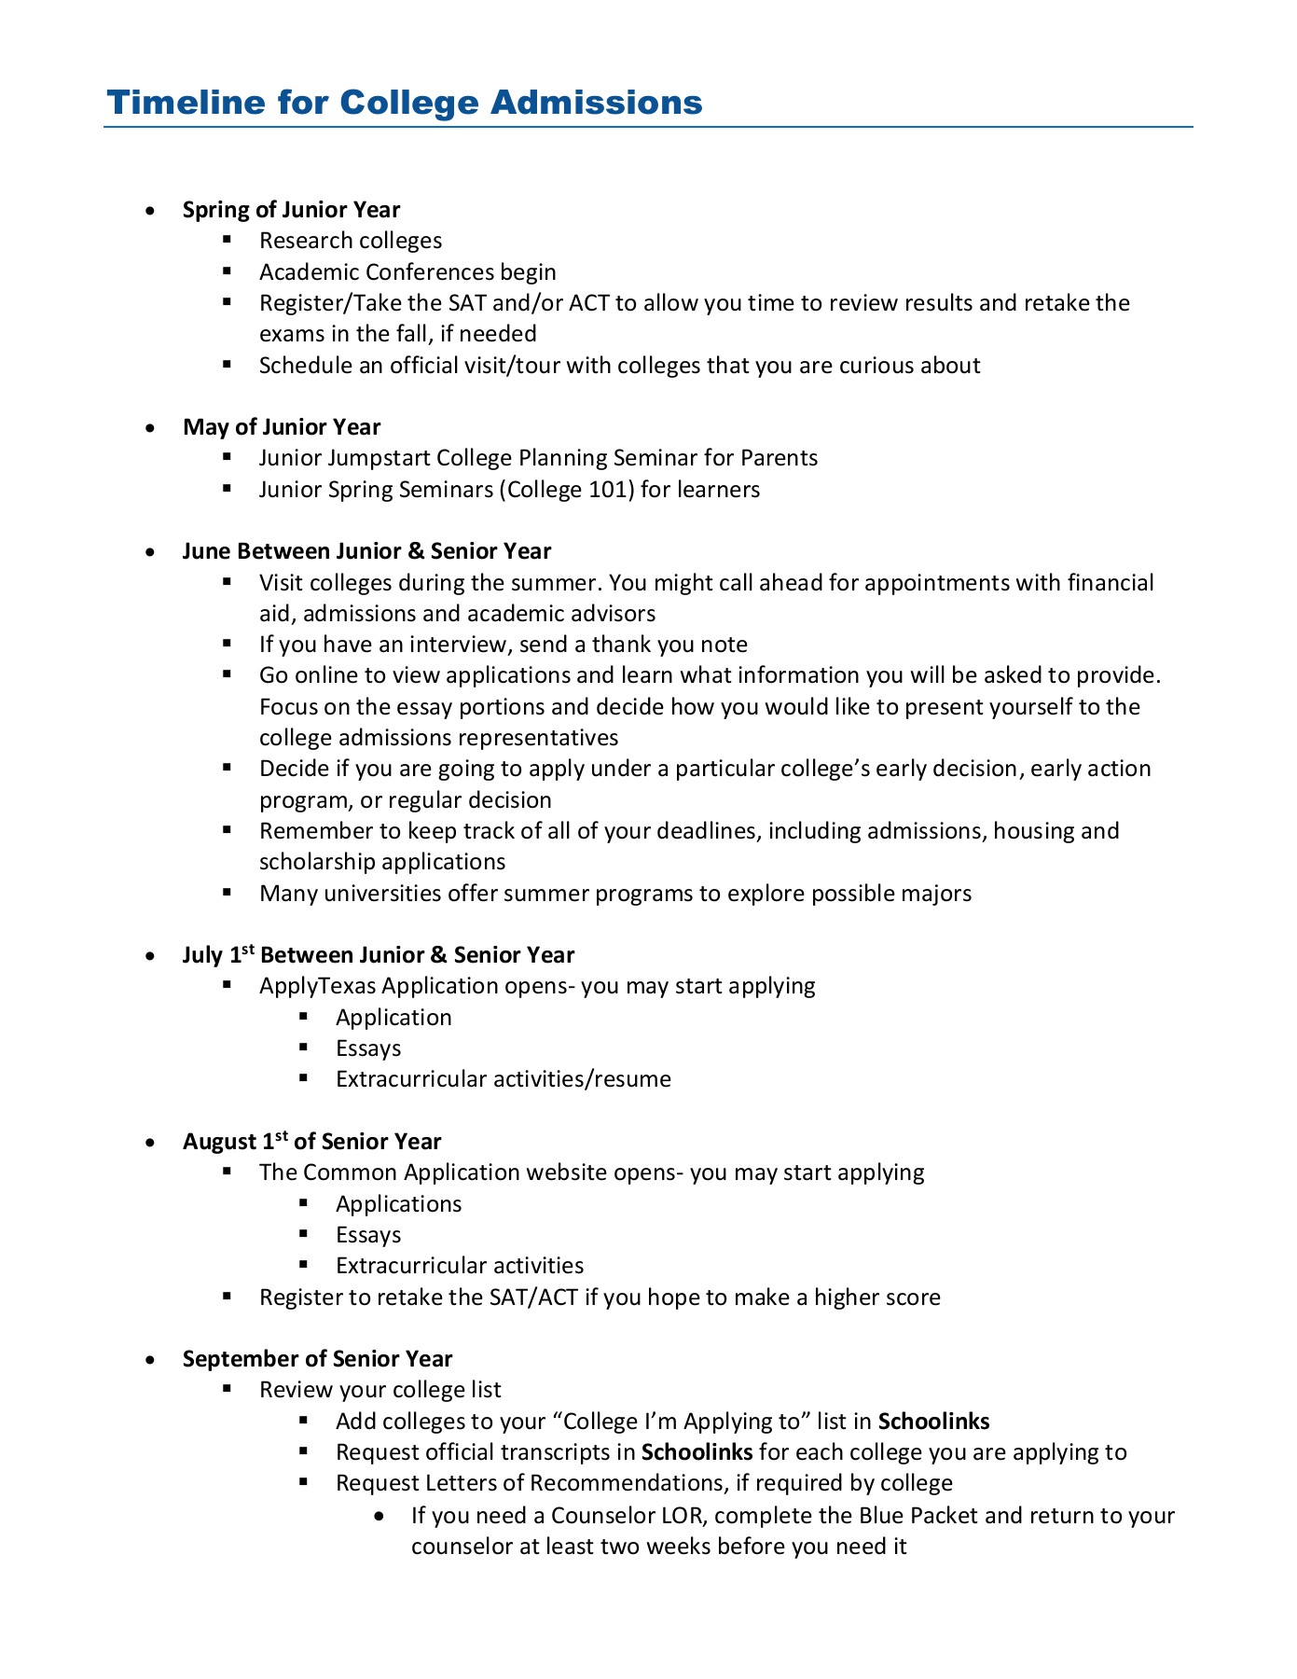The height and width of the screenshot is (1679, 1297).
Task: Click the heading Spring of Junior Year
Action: tap(291, 210)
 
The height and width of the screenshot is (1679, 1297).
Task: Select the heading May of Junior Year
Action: tap(282, 427)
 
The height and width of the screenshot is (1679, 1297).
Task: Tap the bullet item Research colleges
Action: tap(351, 241)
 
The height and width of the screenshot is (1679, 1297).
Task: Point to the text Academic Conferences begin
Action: tap(407, 272)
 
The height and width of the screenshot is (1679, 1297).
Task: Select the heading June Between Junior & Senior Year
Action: tap(366, 551)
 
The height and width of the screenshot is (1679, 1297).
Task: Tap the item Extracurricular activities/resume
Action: tap(503, 1079)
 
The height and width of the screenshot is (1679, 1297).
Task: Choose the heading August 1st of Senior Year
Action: tap(311, 1142)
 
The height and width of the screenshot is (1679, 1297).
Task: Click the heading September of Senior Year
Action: tap(317, 1359)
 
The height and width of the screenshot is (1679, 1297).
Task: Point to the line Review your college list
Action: tap(379, 1390)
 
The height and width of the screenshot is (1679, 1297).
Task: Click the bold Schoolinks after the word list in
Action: tap(933, 1422)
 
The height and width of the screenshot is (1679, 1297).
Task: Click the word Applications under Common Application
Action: tap(398, 1204)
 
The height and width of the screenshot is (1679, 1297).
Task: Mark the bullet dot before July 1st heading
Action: tap(151, 956)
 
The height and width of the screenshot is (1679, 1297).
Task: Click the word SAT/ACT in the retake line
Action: tap(533, 1297)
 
